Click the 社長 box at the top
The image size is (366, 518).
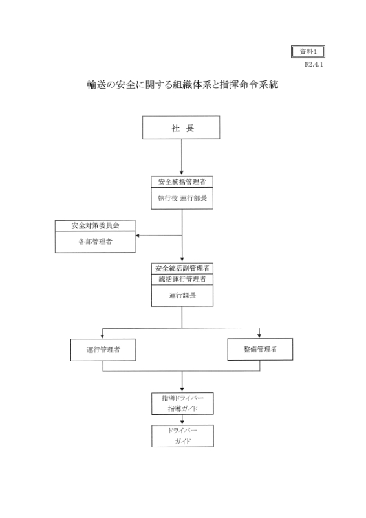181,127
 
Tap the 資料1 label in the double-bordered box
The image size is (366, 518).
308,52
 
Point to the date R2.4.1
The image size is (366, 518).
314,64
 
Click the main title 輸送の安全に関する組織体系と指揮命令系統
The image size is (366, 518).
182,85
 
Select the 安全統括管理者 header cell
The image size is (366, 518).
182,182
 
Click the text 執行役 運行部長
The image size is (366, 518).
182,198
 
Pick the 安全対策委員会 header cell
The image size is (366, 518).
95,225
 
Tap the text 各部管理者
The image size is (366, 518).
95,242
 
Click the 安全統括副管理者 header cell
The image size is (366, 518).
182,268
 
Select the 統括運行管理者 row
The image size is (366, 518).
182,279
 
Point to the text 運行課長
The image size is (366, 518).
182,295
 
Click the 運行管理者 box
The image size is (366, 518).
103,350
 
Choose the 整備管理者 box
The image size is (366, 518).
260,349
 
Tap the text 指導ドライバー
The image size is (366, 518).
182,398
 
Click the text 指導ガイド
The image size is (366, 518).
182,409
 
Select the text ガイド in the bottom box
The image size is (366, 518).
182,441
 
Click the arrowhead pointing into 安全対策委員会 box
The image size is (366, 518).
137,236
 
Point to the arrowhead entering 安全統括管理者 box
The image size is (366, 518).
181,173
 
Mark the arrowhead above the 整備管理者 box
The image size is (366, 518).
259,335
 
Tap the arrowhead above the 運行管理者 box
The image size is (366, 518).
102,336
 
